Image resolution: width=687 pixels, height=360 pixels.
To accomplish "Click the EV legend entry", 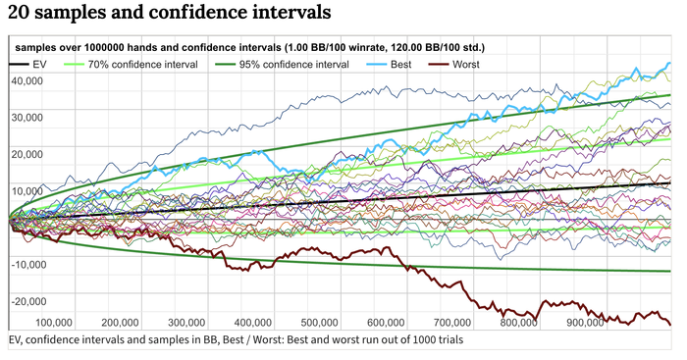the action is (27, 65).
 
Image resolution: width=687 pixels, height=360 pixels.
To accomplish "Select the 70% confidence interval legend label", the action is (143, 65).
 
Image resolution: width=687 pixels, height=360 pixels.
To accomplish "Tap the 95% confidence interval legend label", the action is (294, 65).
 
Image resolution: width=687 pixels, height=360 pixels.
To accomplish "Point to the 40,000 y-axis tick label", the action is (27, 81).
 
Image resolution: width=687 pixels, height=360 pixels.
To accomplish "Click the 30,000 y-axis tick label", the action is (27, 118).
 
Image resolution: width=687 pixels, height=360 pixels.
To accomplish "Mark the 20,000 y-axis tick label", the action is (27, 155).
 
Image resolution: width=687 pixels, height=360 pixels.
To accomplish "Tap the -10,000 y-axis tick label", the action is (27, 265).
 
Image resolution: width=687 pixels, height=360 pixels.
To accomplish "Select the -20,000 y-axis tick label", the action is (27, 301).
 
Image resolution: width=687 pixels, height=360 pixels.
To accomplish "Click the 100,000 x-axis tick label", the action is (54, 323).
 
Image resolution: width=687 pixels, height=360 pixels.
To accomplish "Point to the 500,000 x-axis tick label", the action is (319, 323).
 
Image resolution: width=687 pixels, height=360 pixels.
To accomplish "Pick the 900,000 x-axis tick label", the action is (585, 323).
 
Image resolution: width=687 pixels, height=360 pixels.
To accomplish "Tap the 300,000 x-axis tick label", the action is (186, 323).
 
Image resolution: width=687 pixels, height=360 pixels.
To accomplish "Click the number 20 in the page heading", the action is (18, 12).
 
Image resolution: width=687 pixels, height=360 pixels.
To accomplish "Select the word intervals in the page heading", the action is (291, 12).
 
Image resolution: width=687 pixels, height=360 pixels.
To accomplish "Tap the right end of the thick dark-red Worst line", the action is (670, 325).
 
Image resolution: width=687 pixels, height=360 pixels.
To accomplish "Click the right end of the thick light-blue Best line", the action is (670, 64).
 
